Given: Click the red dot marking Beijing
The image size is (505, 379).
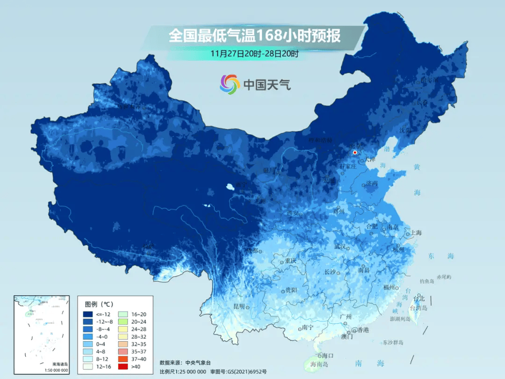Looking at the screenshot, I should point(355,153).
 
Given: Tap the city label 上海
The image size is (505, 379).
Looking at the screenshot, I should point(416,233).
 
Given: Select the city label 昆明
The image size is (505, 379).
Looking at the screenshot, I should point(239,306).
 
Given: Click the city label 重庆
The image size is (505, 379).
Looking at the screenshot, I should point(291,261).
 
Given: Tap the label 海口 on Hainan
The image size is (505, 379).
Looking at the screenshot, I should point(327,356).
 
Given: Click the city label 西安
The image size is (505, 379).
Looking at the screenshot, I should point(292,213).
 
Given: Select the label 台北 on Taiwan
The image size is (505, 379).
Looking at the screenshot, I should point(419,298).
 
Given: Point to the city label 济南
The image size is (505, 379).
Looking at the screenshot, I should point(372,183).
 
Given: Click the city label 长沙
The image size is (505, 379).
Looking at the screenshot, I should point(330,272).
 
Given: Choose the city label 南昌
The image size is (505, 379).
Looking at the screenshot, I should point(364,270).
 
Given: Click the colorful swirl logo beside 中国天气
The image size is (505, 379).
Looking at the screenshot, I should point(230,84).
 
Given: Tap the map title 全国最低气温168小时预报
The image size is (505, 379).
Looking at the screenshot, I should point(254,36).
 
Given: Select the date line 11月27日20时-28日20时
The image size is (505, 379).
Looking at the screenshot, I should point(254,53).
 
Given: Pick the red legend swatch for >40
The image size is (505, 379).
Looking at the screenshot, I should point(123,366).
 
